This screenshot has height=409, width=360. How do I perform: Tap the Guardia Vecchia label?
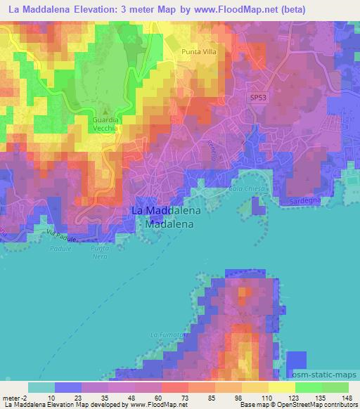105,124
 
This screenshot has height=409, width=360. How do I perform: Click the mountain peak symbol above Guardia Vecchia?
105,111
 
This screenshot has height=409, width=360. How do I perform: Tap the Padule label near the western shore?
61,249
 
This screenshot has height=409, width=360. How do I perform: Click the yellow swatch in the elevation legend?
281,387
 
